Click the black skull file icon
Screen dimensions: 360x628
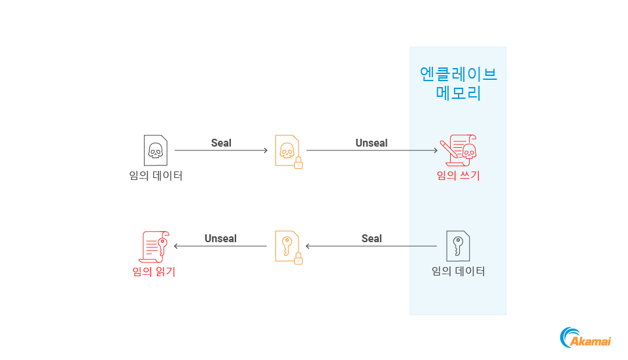(x=155, y=150)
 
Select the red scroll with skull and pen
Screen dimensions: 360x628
(x=458, y=150)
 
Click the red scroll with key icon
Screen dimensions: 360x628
(x=155, y=246)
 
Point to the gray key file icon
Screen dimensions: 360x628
(x=458, y=246)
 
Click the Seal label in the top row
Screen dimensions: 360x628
(x=221, y=143)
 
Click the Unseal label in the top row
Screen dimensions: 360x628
(x=371, y=143)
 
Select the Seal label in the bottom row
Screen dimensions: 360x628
(x=371, y=238)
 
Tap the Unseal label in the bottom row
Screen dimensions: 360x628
(x=220, y=238)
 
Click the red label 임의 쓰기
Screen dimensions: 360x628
(x=458, y=175)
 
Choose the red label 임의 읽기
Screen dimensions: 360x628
(x=154, y=271)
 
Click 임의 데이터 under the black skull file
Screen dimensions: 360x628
(x=156, y=175)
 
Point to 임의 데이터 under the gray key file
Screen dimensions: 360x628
(x=458, y=271)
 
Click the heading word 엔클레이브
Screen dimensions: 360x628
(x=458, y=73)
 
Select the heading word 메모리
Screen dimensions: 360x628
(x=458, y=93)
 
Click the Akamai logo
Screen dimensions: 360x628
(x=585, y=338)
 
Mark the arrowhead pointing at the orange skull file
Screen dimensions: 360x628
(x=265, y=151)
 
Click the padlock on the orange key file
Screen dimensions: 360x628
(x=298, y=259)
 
